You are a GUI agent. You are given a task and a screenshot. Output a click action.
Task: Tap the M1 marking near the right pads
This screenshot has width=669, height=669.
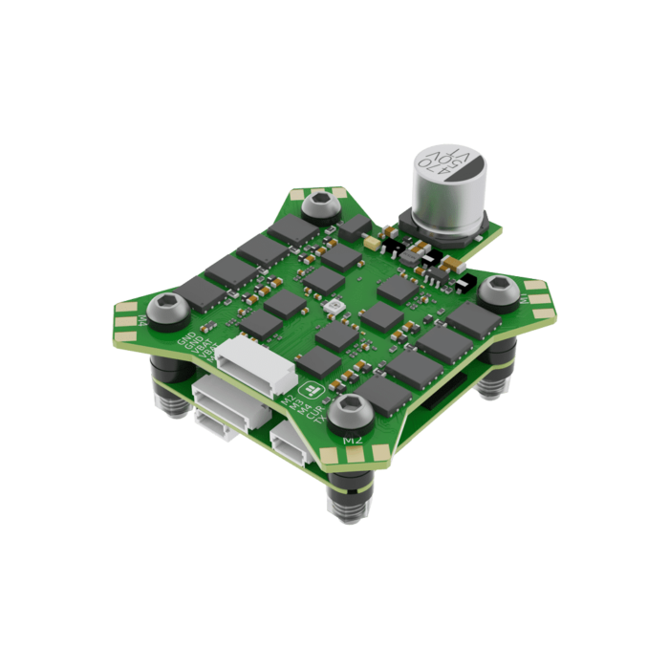(x=524, y=299)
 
